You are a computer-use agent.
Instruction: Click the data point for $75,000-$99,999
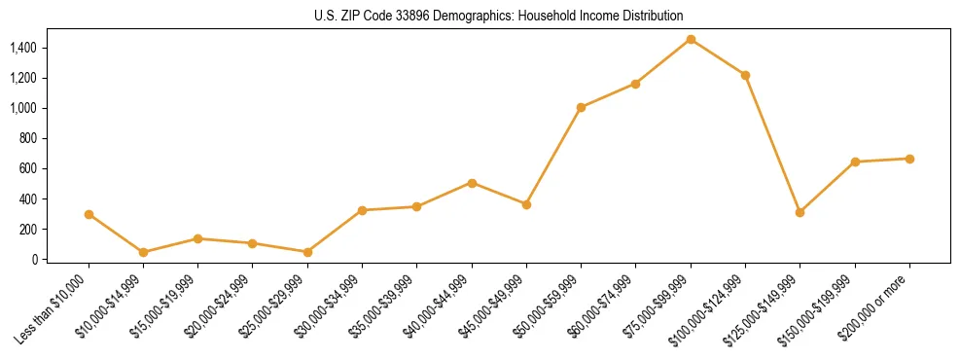tap(691, 39)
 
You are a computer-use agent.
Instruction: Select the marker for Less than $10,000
tap(89, 214)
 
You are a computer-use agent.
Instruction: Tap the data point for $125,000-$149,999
tap(800, 212)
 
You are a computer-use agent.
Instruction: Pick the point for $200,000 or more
tap(909, 159)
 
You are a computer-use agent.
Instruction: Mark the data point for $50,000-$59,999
tap(581, 107)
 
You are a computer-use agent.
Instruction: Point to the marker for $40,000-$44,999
tap(472, 183)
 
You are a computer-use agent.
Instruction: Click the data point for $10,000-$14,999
tap(143, 252)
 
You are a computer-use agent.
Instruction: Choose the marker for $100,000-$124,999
tap(745, 75)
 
